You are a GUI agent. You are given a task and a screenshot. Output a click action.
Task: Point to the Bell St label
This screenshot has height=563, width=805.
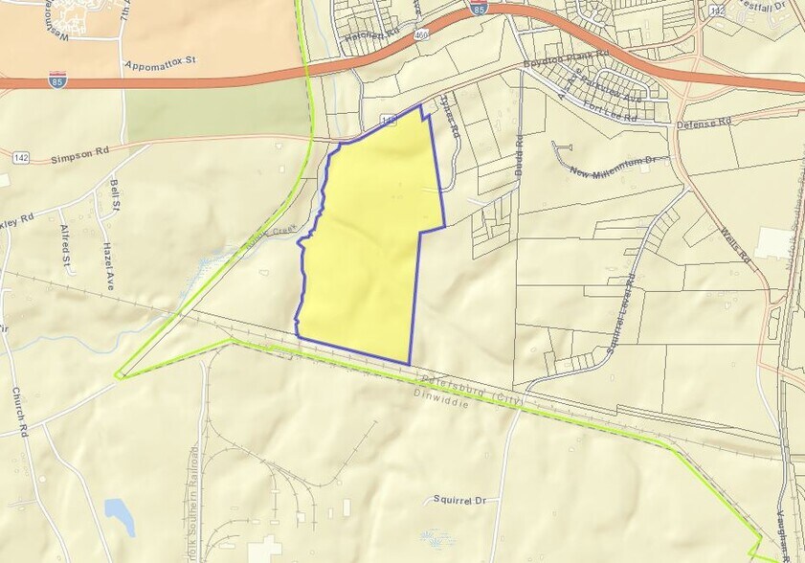click(116, 196)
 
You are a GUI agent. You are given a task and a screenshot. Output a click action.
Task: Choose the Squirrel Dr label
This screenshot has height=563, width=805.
click(459, 499)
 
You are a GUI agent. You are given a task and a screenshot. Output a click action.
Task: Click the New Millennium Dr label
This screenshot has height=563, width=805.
click(617, 167)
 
